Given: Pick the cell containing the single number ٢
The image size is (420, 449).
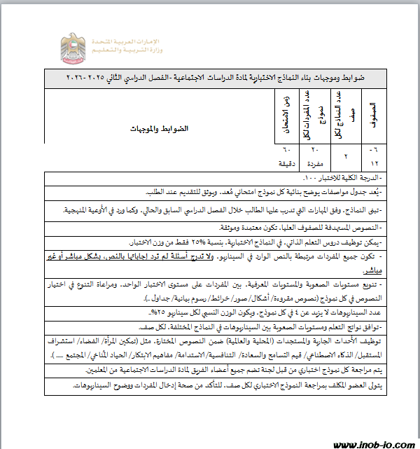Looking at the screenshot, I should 344,156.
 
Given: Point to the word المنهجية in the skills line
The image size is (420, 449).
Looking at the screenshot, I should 78,209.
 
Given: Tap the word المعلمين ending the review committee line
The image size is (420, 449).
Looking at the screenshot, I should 79,369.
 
